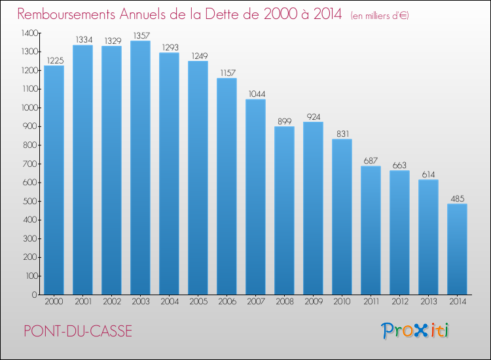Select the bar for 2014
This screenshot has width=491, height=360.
point(457,249)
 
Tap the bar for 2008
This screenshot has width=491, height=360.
point(284,211)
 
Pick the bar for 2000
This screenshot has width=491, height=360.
point(54,180)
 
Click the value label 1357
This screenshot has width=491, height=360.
point(140,35)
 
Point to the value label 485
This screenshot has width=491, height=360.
point(457,198)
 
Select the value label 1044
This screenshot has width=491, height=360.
point(255,94)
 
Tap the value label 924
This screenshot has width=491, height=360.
point(313,117)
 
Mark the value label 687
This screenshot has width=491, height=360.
point(371,161)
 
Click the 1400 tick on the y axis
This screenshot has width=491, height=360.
point(29,33)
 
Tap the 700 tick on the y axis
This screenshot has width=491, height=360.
point(30,164)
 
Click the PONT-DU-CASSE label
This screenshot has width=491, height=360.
point(78,331)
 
